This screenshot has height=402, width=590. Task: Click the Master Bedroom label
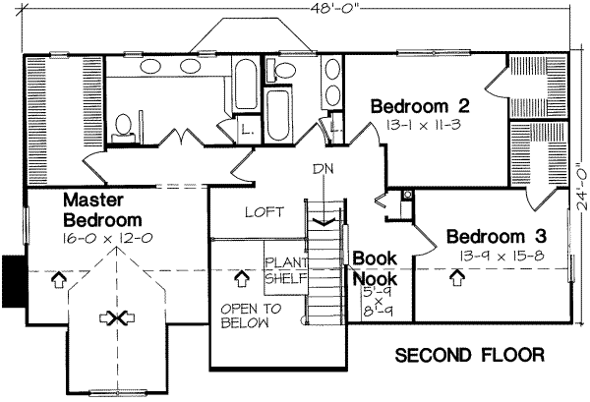click(101, 207)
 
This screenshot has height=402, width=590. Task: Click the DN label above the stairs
click(324, 168)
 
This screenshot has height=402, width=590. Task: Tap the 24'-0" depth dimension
click(577, 184)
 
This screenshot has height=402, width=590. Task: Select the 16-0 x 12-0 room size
click(106, 239)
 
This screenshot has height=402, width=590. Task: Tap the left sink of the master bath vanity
click(152, 68)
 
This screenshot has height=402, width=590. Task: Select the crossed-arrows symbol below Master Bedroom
click(120, 317)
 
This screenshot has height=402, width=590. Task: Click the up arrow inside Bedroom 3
click(455, 278)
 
